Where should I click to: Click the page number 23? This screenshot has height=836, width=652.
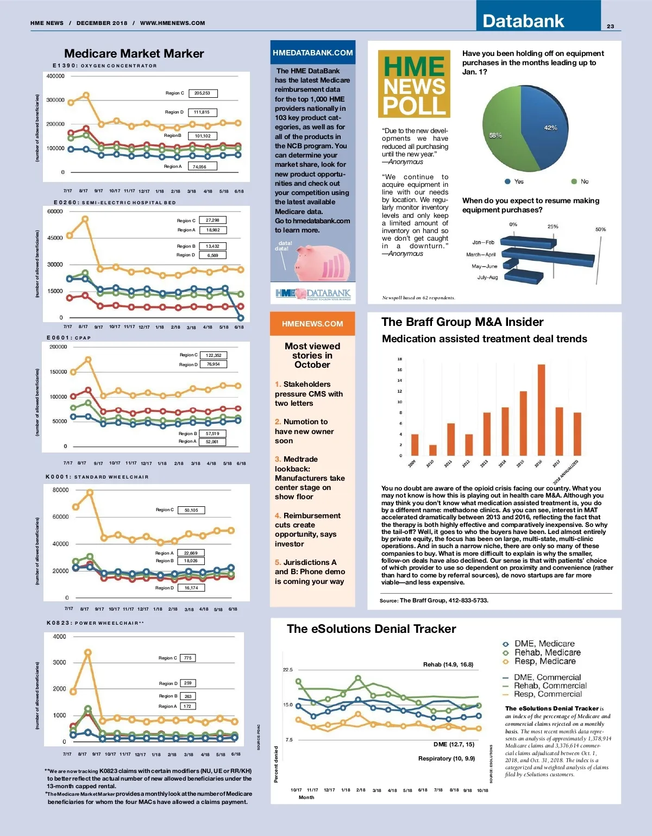click(x=610, y=26)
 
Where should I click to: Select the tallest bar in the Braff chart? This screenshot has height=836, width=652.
click(x=541, y=410)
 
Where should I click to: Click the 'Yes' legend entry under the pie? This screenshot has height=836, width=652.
click(x=514, y=181)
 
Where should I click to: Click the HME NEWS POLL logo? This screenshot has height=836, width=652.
click(x=414, y=84)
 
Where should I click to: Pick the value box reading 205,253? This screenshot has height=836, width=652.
click(x=202, y=93)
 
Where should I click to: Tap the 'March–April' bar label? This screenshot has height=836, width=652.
click(x=481, y=254)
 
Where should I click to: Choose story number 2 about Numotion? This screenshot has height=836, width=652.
click(x=304, y=431)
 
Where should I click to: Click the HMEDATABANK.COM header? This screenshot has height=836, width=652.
click(x=312, y=53)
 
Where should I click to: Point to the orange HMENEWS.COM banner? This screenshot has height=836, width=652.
click(x=312, y=324)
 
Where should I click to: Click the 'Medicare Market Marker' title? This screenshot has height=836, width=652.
click(x=134, y=53)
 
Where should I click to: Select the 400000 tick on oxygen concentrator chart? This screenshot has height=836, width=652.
click(x=55, y=76)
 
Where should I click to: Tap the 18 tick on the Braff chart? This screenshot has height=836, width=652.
click(x=399, y=359)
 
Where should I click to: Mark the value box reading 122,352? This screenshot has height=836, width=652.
click(x=213, y=355)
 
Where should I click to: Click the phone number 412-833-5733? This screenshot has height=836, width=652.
click(x=467, y=600)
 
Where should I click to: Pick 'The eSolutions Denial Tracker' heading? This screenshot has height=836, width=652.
click(x=371, y=629)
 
